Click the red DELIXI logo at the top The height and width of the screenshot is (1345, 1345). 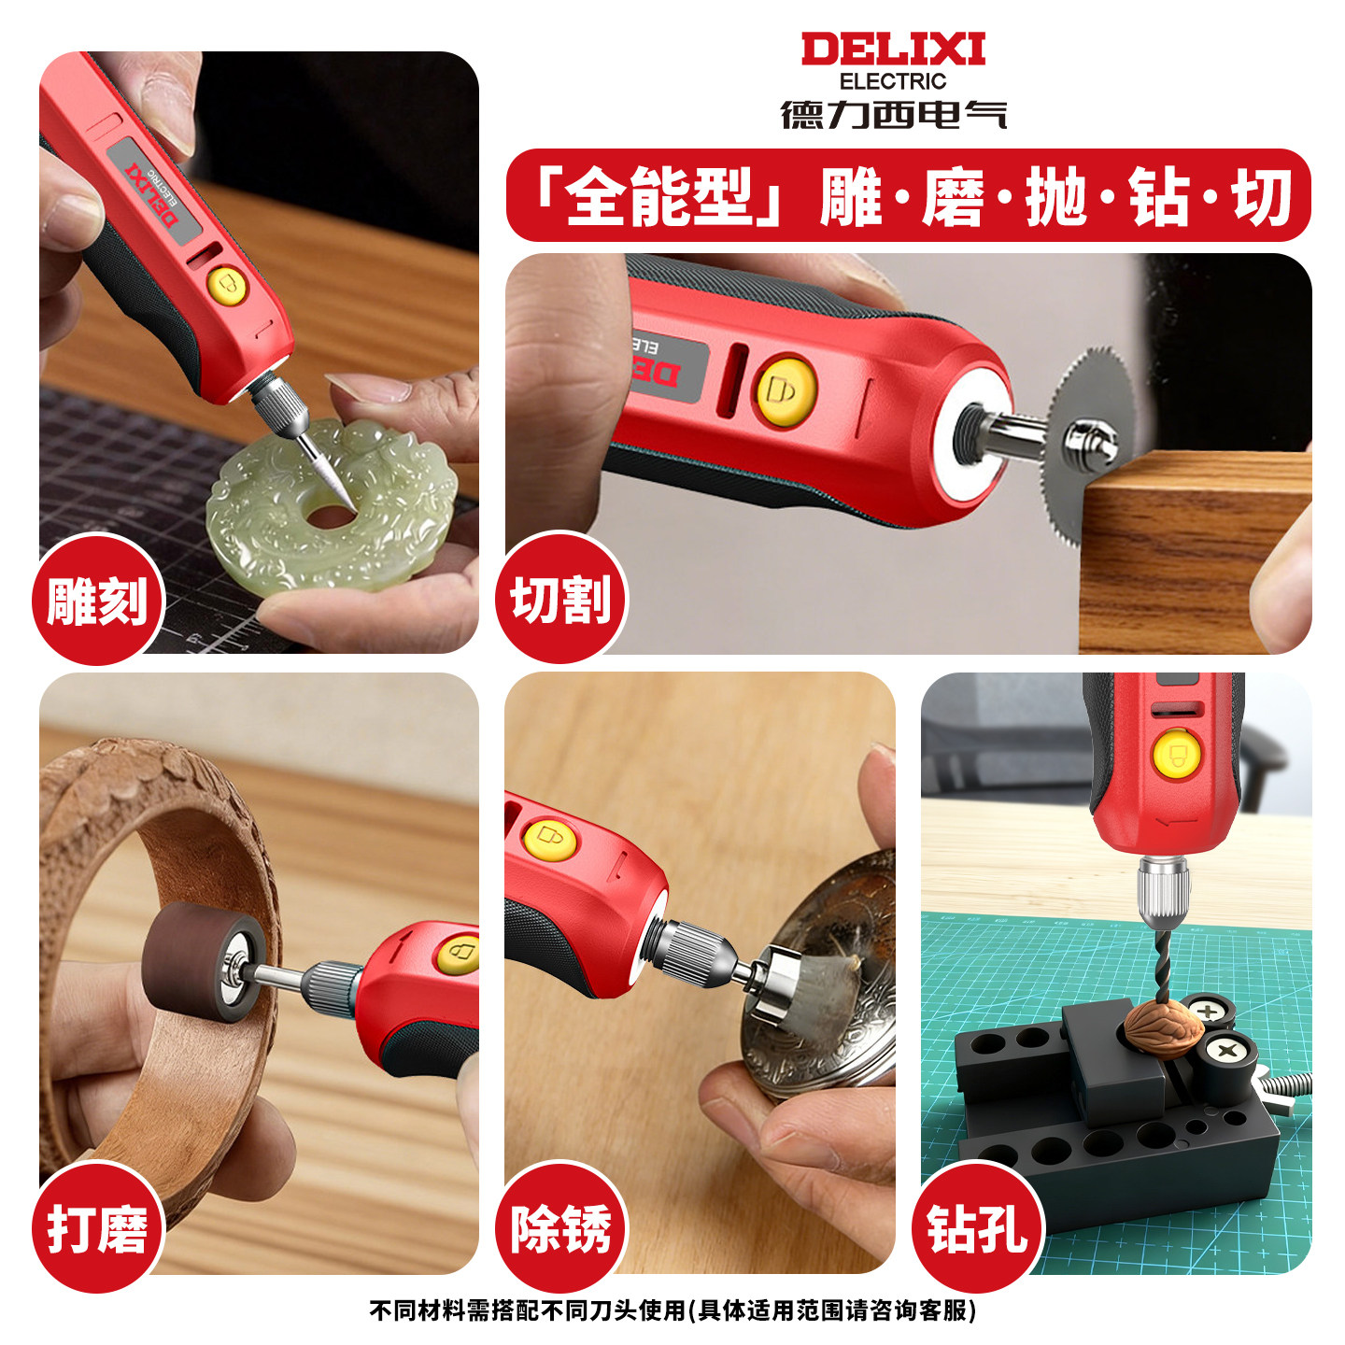coord(893,50)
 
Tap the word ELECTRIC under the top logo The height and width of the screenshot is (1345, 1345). coord(893,81)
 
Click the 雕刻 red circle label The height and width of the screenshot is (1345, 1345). coord(98,600)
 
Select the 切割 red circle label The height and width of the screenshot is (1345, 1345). coord(561,598)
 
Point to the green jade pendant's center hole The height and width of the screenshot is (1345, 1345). coord(330,517)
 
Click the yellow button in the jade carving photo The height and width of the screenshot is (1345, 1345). coord(227,286)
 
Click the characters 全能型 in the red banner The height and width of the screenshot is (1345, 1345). coord(658,196)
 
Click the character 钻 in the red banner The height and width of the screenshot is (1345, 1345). coord(1158,196)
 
